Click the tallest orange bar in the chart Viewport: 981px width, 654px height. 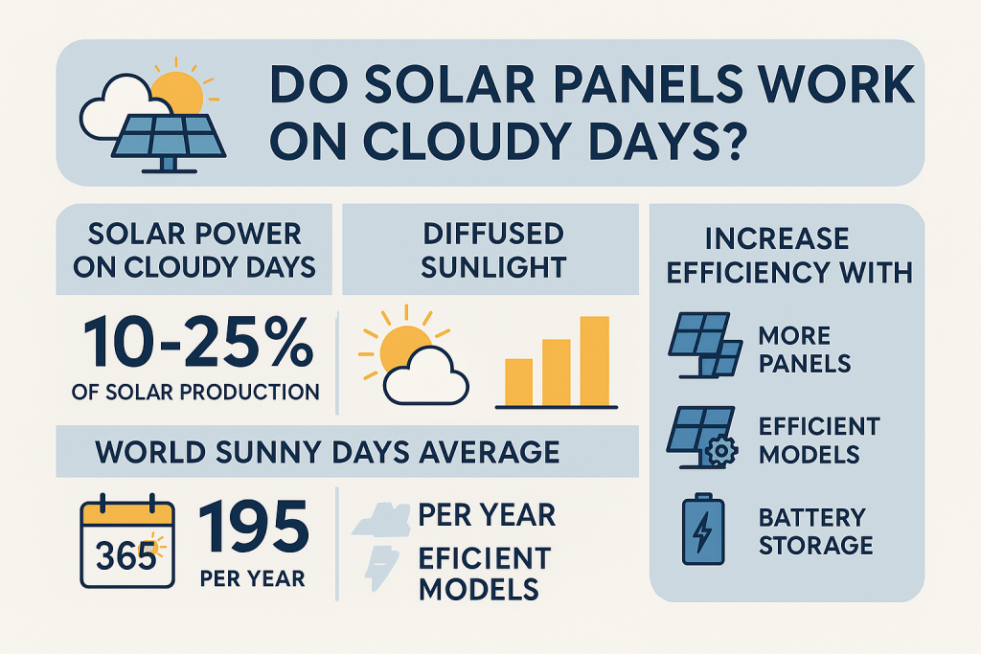tap(594, 360)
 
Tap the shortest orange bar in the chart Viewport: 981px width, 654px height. tap(518, 382)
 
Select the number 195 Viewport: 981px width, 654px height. tap(254, 530)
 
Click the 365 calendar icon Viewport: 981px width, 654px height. tap(127, 545)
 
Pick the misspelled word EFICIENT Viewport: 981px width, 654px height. tap(484, 557)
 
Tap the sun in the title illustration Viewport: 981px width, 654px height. tap(178, 94)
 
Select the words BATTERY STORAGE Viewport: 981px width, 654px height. tap(815, 531)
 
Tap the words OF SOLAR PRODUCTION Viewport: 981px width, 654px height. tap(195, 392)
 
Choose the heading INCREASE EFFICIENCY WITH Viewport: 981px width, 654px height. tap(787, 254)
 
